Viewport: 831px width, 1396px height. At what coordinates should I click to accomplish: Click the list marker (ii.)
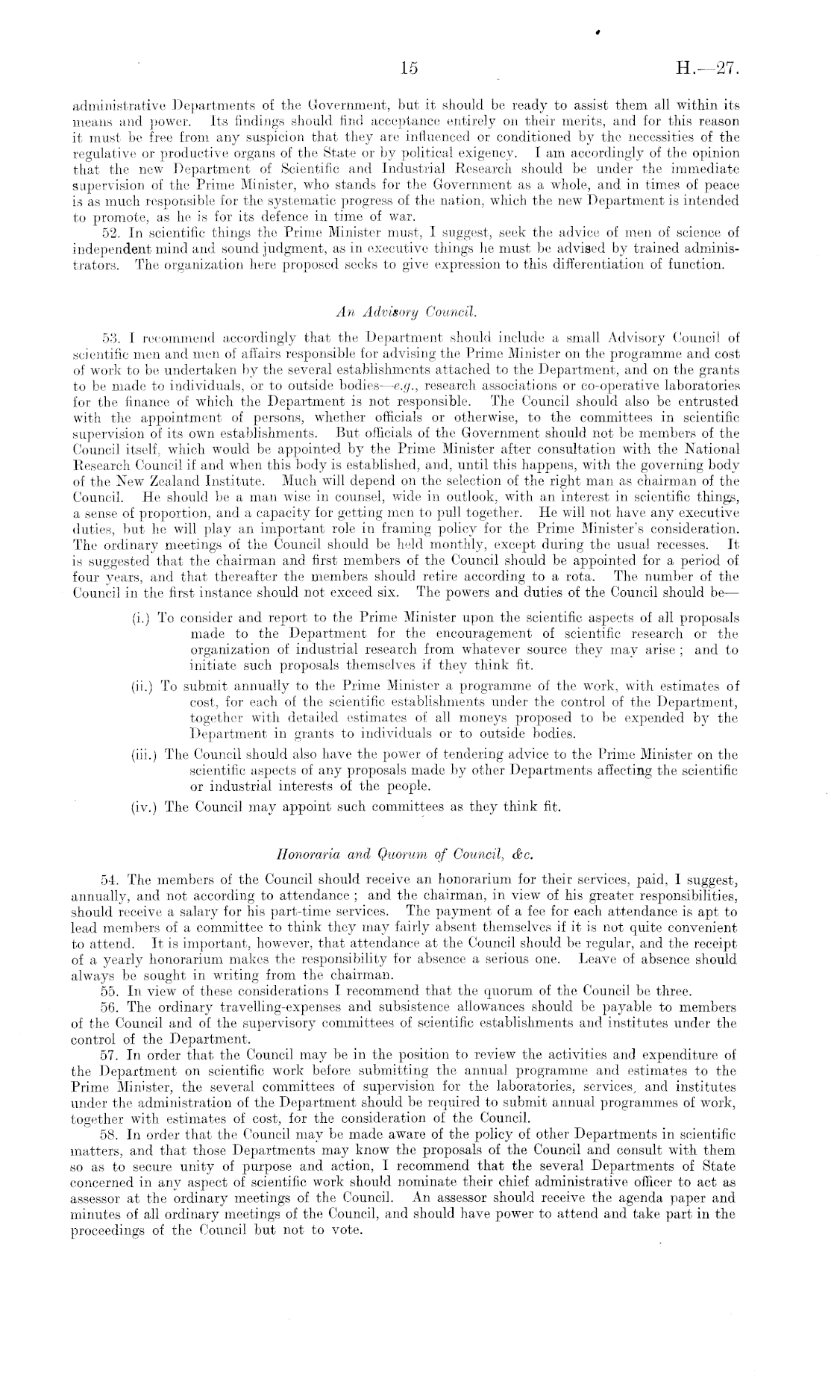tap(142, 685)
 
